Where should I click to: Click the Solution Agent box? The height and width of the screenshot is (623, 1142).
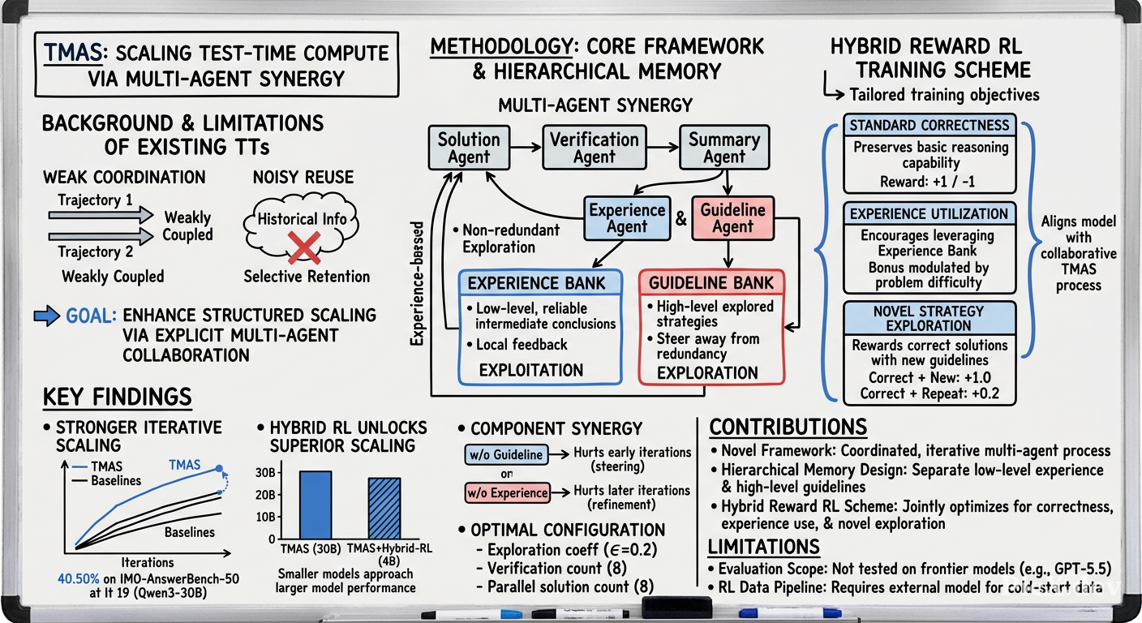pos(469,148)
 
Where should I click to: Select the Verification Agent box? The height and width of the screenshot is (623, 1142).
pos(595,148)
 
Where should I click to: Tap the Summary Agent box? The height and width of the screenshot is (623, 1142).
pos(724,148)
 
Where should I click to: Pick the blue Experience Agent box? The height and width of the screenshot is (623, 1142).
pos(627,218)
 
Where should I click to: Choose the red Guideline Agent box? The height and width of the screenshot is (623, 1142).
pos(732,218)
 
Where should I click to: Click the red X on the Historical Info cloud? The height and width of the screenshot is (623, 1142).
pos(304,247)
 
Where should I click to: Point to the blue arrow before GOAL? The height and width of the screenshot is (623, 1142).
pos(46,316)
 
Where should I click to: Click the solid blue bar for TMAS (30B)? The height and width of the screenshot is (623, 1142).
pos(316,505)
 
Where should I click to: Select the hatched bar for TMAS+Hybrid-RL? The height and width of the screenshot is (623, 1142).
pos(384,509)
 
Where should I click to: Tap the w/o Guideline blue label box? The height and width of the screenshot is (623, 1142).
pos(506,454)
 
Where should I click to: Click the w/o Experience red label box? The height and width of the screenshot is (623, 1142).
pos(508,492)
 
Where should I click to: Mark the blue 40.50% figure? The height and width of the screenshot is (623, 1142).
pos(78,579)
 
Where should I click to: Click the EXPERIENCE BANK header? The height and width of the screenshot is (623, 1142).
pos(537,283)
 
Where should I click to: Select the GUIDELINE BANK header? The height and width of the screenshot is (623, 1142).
pos(711,282)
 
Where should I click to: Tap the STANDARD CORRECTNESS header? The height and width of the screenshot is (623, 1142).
pos(929,126)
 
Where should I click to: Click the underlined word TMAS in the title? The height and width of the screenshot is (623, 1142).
pos(73,53)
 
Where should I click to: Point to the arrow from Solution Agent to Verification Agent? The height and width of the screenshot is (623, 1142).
pos(526,148)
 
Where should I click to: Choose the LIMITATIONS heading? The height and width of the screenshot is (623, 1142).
pos(764,547)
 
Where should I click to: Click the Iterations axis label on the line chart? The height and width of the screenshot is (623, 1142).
pos(148,562)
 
